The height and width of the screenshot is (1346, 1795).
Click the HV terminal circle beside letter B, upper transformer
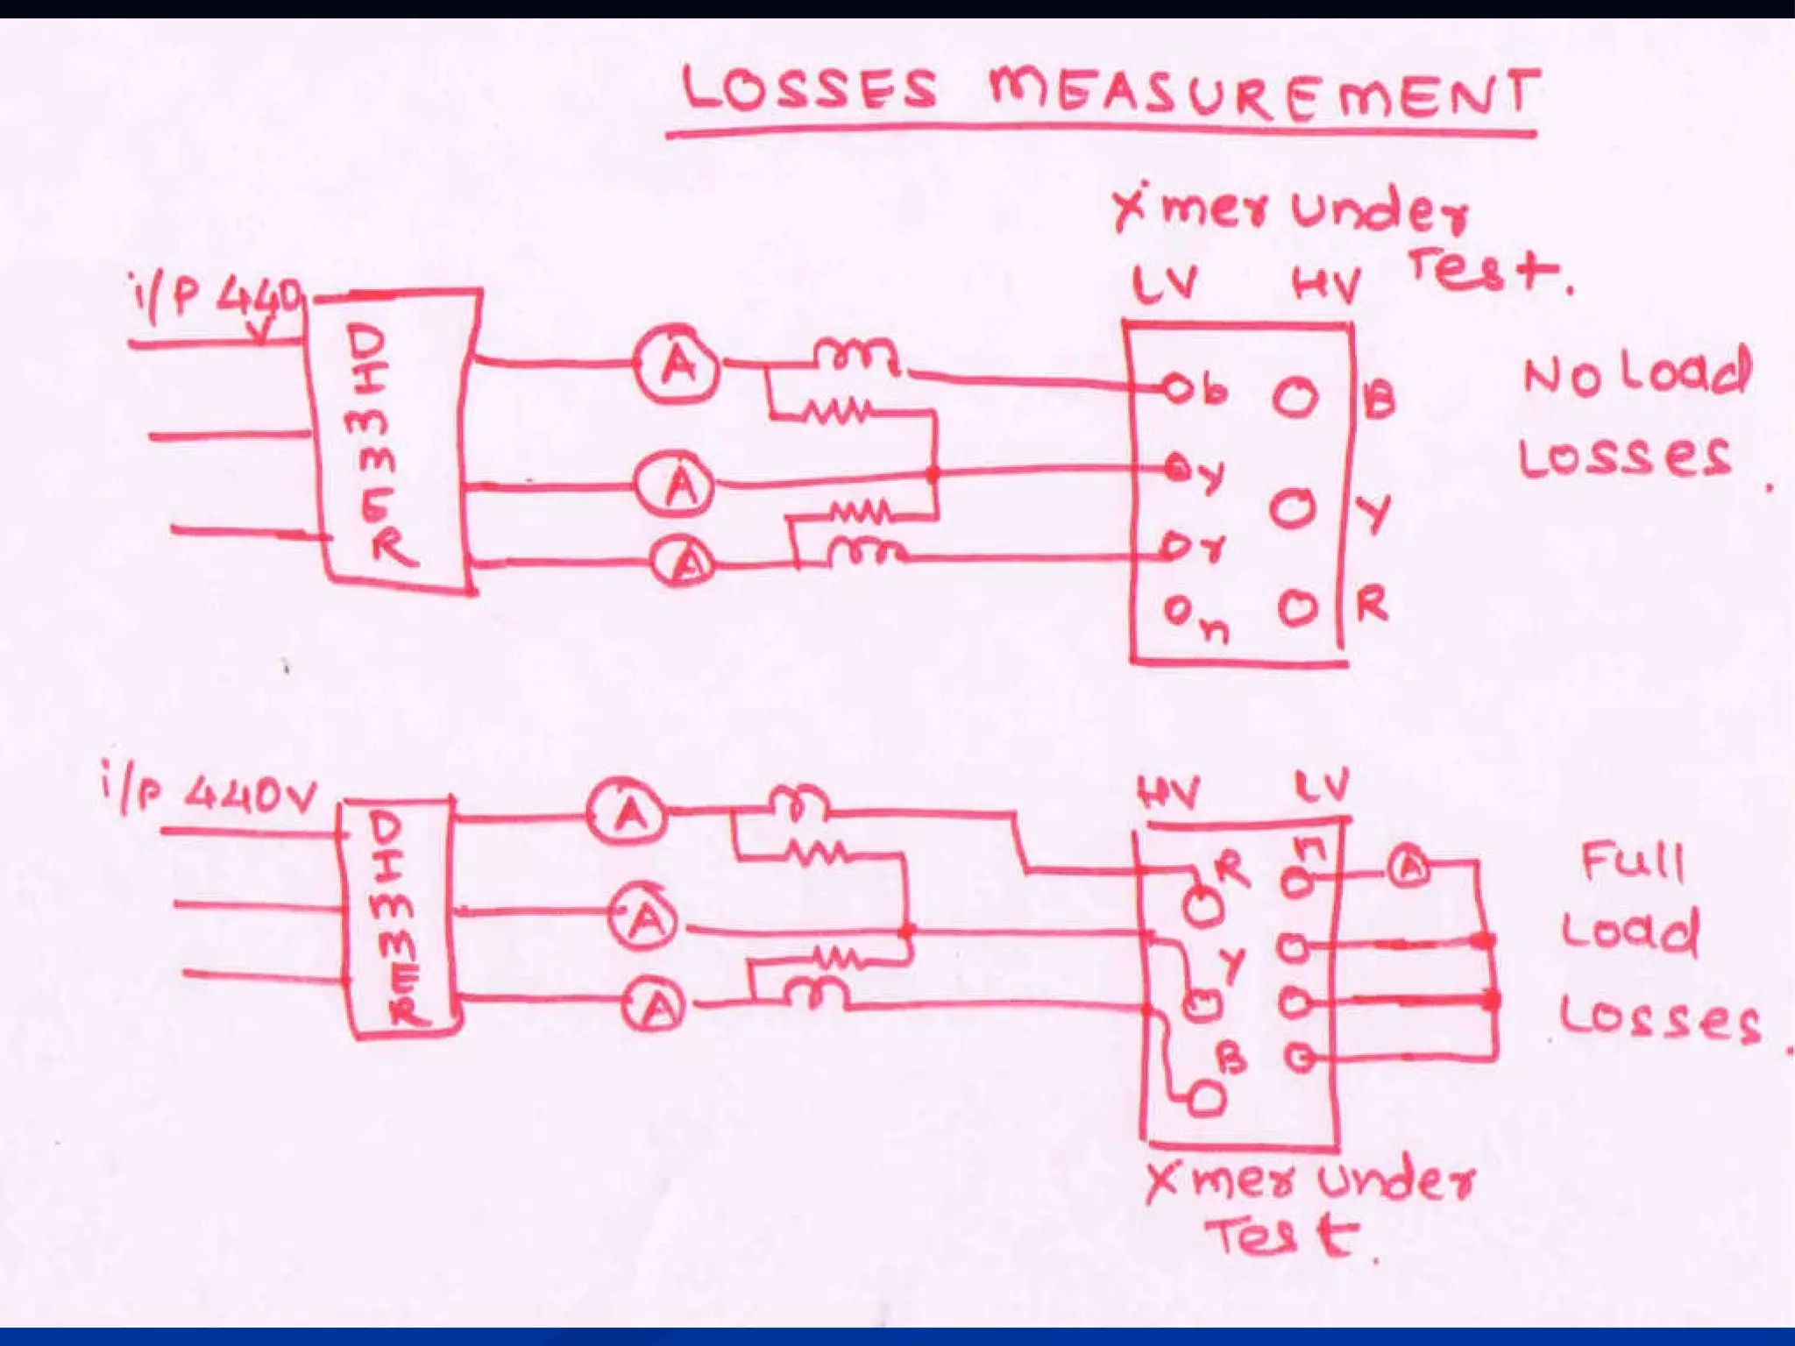tap(1295, 397)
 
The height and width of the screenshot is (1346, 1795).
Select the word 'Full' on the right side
tap(1633, 861)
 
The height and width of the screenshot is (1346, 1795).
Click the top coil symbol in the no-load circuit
tap(855, 356)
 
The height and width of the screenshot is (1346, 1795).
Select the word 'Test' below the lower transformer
tap(1284, 1236)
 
